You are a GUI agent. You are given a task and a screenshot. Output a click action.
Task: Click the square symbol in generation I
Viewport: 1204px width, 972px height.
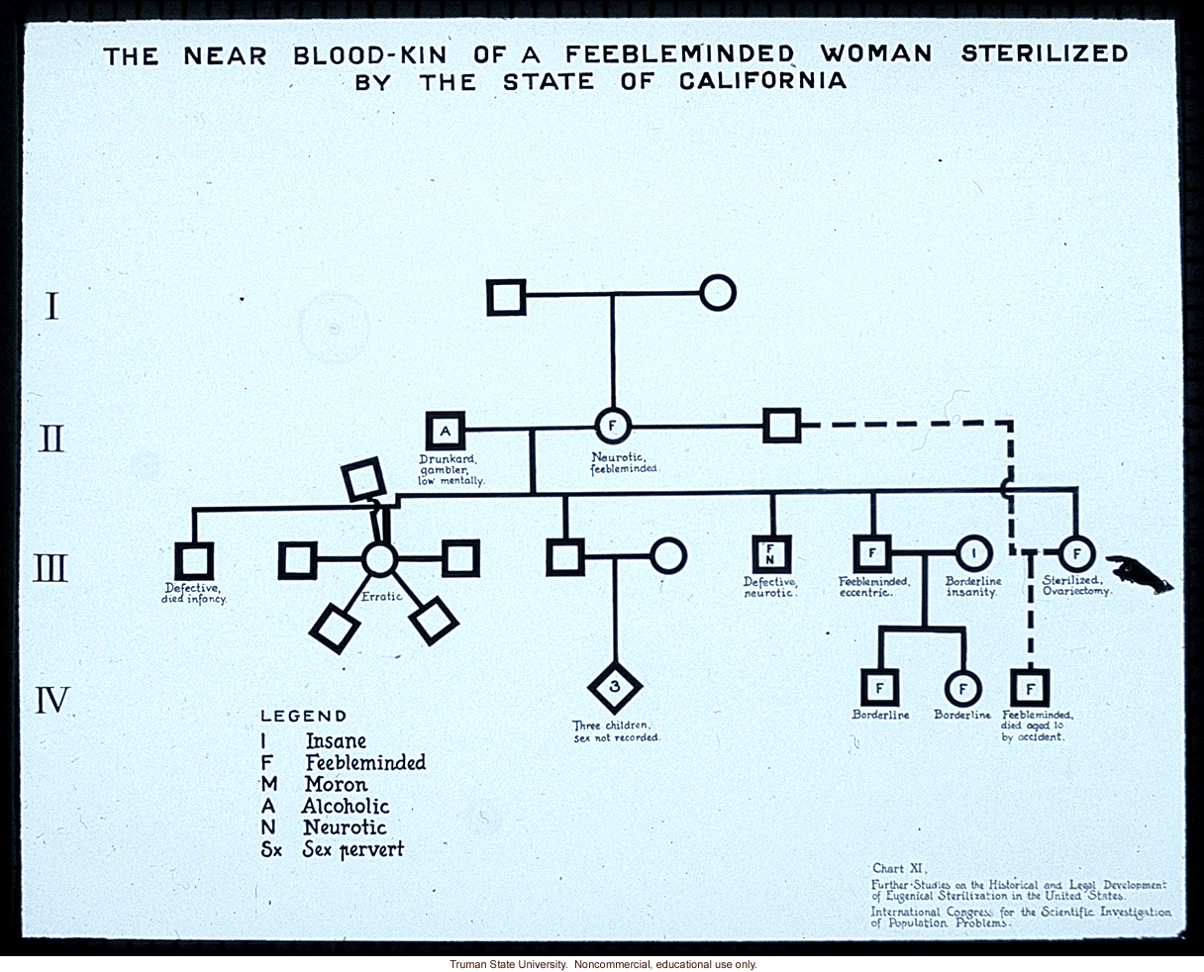[506, 296]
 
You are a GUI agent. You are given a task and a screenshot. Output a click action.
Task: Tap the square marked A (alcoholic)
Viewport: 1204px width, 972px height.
[446, 430]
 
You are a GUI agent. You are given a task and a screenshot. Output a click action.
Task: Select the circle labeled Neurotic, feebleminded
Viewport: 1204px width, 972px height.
[612, 427]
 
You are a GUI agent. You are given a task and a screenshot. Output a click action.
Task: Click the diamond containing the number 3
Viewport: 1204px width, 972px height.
[615, 687]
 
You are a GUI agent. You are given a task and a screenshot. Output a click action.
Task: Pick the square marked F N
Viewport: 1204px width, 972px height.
[770, 554]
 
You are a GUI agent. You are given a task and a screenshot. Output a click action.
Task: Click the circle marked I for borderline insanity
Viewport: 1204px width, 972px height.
[973, 554]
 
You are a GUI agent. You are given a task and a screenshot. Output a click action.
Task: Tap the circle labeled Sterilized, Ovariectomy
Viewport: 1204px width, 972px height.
[1076, 553]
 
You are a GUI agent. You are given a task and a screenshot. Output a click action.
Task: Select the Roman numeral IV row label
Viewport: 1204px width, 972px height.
[52, 701]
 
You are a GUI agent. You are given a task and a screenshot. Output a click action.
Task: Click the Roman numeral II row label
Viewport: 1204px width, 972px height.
[51, 437]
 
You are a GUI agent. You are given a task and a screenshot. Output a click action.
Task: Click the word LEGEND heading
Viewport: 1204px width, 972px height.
[303, 716]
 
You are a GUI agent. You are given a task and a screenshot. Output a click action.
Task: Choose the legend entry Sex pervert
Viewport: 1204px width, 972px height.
[354, 849]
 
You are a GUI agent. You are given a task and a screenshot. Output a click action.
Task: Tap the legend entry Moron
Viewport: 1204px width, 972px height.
[337, 784]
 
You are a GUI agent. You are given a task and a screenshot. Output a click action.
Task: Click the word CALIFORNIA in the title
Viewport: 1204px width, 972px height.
[762, 81]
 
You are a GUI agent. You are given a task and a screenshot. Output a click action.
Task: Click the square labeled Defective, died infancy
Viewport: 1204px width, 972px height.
[194, 561]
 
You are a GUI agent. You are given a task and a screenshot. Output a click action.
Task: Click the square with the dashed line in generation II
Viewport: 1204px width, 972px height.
[781, 427]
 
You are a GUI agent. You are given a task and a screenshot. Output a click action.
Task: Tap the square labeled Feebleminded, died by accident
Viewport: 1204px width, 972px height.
[1030, 687]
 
